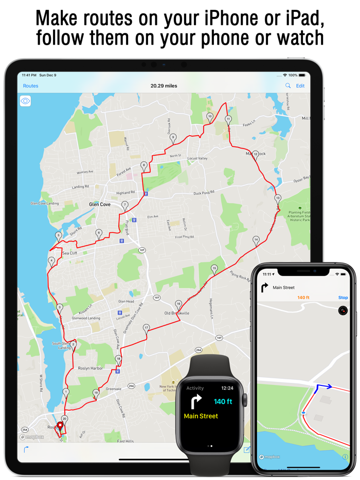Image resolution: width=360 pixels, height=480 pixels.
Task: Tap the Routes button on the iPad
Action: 31,86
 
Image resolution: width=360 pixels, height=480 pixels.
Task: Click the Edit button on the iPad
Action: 300,86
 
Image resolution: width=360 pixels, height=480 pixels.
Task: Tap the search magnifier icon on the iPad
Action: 288,86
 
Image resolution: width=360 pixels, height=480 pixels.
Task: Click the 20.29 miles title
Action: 164,86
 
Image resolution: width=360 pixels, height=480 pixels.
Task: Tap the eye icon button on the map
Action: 25,101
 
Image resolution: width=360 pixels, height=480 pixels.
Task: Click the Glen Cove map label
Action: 100,205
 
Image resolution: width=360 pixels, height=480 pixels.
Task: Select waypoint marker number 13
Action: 278,199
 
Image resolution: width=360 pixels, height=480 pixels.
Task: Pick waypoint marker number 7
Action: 124,206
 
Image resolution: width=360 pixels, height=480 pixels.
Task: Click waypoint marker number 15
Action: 214,269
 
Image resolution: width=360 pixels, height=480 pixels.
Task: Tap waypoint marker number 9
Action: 173,138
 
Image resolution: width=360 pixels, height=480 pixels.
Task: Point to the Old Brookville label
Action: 177,313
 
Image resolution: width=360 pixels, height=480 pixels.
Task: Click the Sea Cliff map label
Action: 69,253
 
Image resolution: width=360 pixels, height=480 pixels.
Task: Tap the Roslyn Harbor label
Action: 91,368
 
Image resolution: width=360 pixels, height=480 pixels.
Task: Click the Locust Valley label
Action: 197,158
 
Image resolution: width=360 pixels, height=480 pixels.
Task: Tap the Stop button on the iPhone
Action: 343,298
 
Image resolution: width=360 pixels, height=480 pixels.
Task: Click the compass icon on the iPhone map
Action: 343,310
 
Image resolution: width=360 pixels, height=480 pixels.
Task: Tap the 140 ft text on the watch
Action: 223,401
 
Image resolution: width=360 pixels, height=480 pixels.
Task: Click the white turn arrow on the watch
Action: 196,402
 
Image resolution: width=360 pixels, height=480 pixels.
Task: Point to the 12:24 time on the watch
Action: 227,389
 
